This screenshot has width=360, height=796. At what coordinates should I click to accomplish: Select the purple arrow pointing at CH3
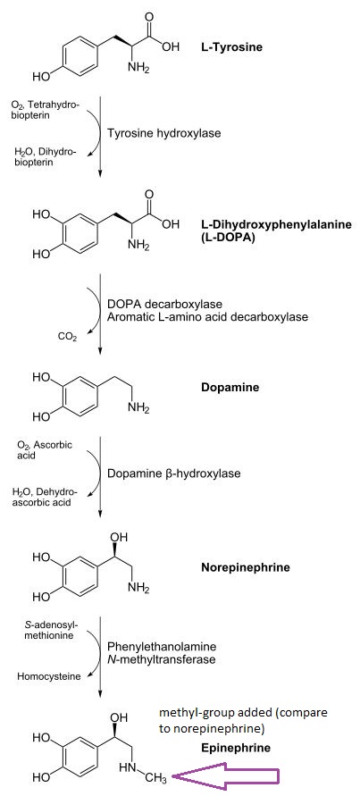coord(225,775)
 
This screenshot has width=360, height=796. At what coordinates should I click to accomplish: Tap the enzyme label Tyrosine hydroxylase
coord(164,133)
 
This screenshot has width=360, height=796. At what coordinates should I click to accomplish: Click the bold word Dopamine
coord(230,388)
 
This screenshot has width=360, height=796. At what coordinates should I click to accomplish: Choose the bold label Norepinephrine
coord(246,567)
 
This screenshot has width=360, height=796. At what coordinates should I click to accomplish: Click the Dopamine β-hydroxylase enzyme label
coord(173,473)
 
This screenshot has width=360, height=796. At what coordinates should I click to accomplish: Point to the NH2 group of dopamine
coord(138,408)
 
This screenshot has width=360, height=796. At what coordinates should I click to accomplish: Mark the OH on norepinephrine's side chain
coord(120,537)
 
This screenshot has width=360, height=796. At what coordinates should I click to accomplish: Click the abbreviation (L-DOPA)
coord(226,237)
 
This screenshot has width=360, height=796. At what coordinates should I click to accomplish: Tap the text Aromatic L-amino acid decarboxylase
coord(207,317)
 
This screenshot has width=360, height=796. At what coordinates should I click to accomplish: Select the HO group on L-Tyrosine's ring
coord(42,77)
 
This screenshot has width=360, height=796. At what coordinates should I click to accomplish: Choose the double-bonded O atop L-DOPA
coord(149,195)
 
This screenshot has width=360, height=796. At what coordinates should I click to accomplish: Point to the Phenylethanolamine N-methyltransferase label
coord(162,653)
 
